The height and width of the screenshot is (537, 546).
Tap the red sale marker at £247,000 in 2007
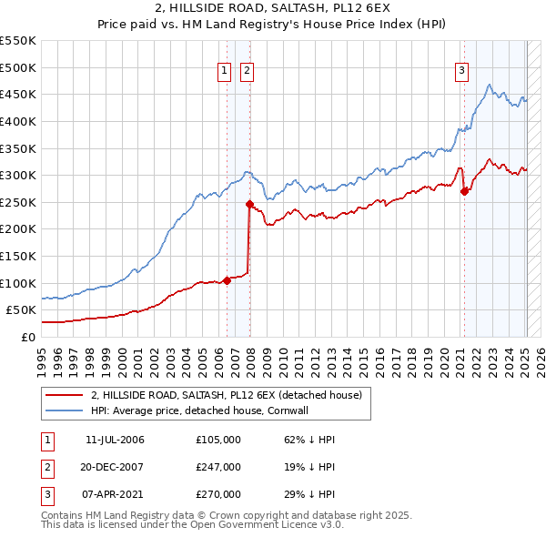coord(249,204)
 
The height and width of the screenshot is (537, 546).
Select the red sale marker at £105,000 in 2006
coord(227,280)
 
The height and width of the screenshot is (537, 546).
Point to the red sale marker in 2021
coord(465,191)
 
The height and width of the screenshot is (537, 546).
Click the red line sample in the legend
coord(65,395)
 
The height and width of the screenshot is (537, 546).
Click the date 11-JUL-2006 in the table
coord(115,441)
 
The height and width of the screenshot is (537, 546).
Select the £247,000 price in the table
coord(218,467)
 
